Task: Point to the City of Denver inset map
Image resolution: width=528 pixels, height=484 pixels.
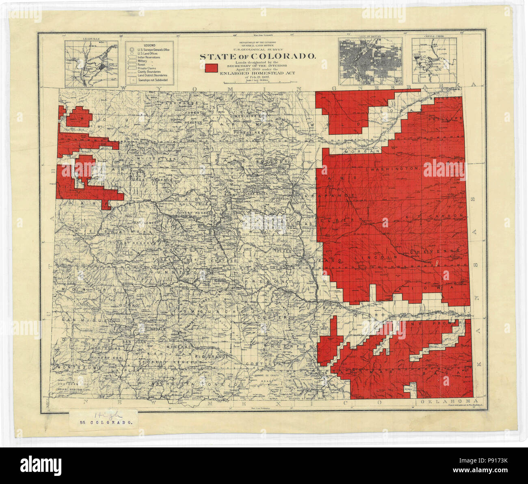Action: tap(370, 61)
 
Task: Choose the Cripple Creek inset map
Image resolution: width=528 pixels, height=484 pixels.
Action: tap(434, 61)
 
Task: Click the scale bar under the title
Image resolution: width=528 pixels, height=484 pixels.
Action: tap(257, 82)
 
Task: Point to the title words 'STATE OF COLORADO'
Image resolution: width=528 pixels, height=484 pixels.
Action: tap(257, 56)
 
